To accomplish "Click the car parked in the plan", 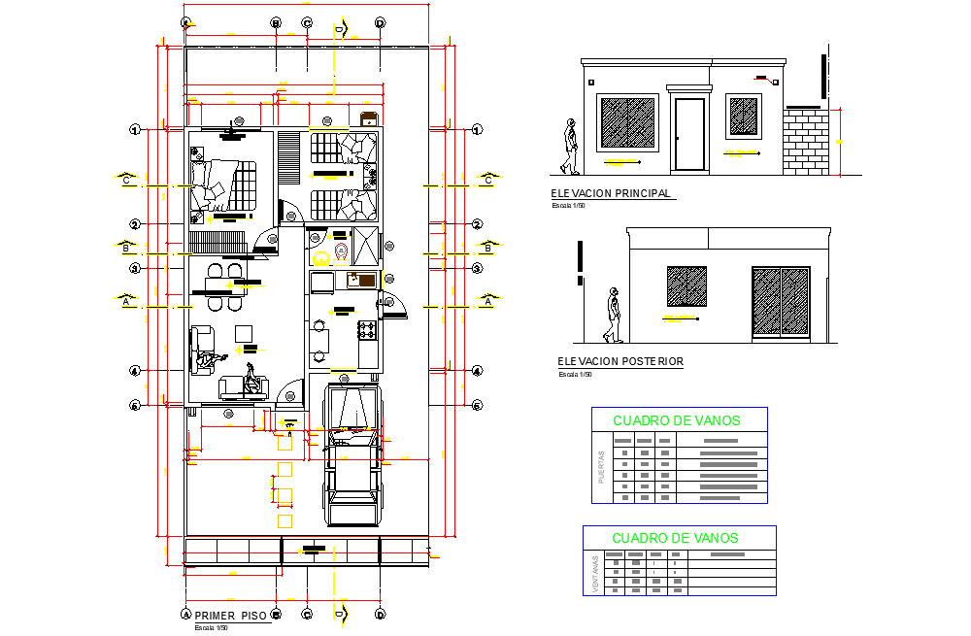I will (352, 456).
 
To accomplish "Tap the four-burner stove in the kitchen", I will (367, 330).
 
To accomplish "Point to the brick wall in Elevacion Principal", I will (807, 140).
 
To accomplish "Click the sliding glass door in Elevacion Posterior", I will (781, 303).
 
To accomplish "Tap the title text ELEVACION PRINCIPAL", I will (611, 193).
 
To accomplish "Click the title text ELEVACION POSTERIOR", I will (620, 361).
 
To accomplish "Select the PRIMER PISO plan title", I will (230, 616).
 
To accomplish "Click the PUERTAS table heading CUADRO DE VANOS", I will (676, 420).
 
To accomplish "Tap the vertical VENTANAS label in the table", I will (594, 573).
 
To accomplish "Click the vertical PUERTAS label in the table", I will (602, 467).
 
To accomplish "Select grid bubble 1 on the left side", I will (137, 129).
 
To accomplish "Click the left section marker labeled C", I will (125, 180).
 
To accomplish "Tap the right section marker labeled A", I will (488, 302).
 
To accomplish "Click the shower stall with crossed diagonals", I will (365, 246).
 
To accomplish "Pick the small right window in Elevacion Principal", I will (744, 117).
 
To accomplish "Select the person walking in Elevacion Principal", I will (570, 148).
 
